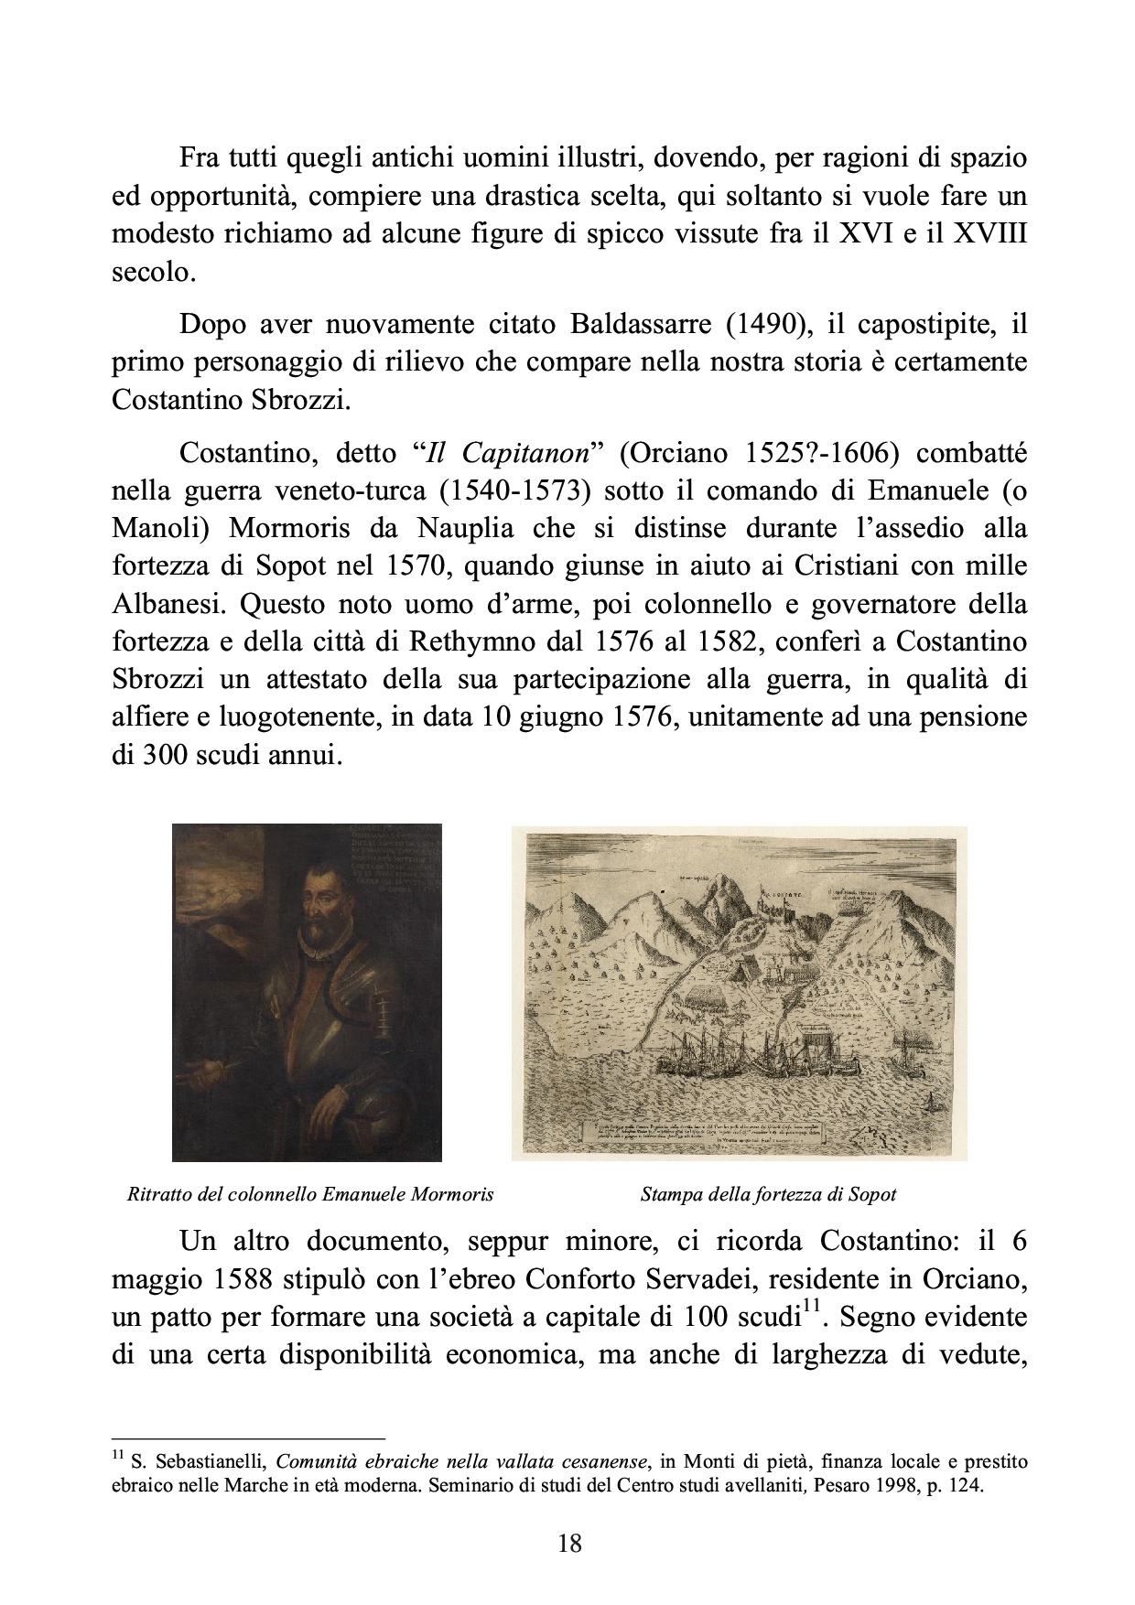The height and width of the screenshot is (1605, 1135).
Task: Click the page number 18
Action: coord(568,1544)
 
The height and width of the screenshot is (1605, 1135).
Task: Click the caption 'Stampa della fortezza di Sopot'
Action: coord(768,1194)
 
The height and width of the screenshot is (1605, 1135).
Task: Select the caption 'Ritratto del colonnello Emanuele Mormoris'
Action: coord(311,1194)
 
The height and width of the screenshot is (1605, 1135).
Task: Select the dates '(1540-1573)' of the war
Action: coord(513,491)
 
